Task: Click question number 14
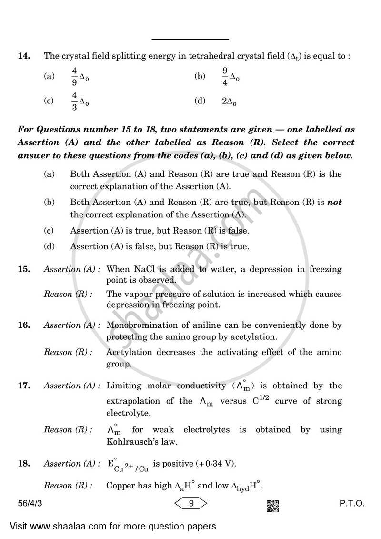coord(24,56)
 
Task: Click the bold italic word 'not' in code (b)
coord(335,202)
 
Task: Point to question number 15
coord(24,269)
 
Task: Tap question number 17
coord(24,386)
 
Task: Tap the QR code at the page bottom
coord(273,505)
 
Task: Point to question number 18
coord(24,464)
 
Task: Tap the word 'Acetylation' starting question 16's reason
coord(129,353)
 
